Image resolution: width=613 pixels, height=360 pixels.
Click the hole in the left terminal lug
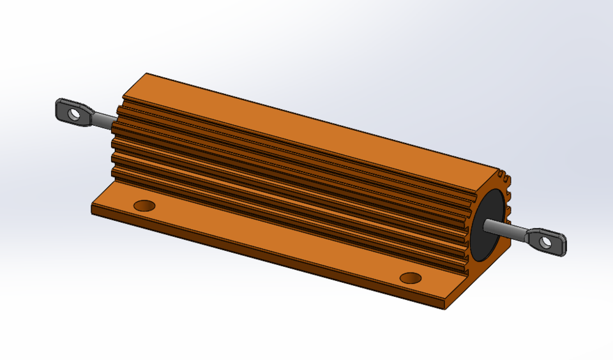point(75,115)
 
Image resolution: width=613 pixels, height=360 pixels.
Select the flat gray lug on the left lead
point(66,109)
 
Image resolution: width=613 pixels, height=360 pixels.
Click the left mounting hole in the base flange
point(145,206)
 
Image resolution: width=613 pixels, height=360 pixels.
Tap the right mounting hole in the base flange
point(410,278)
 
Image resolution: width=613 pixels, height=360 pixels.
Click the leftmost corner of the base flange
point(92,208)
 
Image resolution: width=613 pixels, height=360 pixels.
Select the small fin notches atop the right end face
point(503,174)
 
